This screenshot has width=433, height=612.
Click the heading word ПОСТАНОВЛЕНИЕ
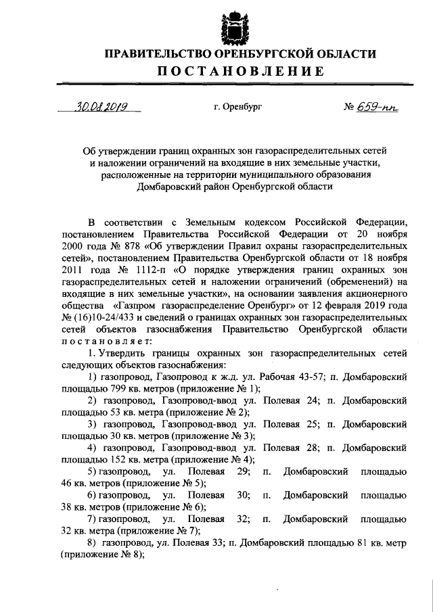point(233,72)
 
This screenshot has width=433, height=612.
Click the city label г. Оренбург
point(234,107)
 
